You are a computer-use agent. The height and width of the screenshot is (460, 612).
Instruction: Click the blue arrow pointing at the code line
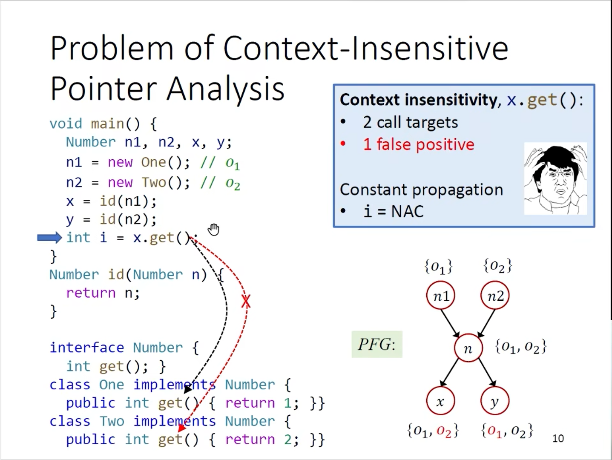coord(50,238)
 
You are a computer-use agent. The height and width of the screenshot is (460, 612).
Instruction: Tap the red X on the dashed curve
coord(246,301)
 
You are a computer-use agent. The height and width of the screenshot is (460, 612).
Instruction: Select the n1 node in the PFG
coord(440,296)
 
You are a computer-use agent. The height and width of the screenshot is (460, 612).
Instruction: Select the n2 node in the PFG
coord(495,296)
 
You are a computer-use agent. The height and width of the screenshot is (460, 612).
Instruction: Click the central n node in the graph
coord(468,348)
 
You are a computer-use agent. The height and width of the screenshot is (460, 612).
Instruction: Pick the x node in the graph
coord(440,401)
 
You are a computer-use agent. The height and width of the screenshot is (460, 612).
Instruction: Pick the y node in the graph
coord(495,401)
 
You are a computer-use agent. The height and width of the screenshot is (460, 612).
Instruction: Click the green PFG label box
coord(377,344)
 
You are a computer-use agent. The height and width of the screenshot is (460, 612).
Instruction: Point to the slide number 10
coord(558,439)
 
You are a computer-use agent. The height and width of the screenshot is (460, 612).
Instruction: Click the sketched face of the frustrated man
coord(555,178)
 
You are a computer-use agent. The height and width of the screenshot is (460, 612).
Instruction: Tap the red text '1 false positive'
coord(418,145)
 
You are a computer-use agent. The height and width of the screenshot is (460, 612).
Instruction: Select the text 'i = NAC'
coord(394,211)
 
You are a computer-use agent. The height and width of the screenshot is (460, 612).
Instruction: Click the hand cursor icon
coord(214,230)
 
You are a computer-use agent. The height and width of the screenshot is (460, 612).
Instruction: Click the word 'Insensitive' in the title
coord(430,49)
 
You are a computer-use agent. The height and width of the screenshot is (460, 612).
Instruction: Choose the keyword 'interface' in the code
coord(87,348)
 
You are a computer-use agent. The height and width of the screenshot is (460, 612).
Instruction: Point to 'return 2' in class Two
coord(258,440)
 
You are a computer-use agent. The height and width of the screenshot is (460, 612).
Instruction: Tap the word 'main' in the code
coord(107,124)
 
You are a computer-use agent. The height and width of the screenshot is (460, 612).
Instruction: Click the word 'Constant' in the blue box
coord(374,190)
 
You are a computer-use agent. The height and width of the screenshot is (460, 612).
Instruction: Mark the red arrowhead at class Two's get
coord(182,428)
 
